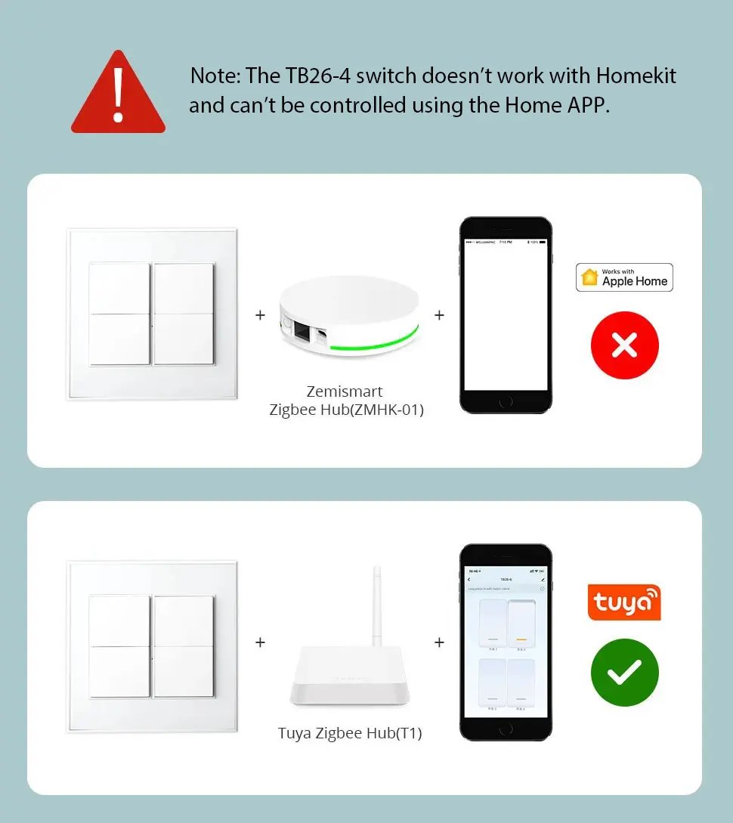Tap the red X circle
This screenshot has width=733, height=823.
coord(624,345)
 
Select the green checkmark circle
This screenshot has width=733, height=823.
coord(624,673)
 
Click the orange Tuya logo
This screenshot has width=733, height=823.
coord(624,602)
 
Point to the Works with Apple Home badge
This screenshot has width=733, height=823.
coord(624,277)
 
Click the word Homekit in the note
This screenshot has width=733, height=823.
coord(636,76)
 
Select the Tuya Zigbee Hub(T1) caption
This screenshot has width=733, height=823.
coord(350,733)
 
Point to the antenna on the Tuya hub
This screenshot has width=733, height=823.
coord(376,605)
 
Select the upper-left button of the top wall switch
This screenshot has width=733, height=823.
coord(119,288)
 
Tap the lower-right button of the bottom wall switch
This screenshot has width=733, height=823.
coord(184,672)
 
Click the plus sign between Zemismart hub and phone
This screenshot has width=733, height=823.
coord(439,315)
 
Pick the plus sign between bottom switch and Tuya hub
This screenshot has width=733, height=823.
coord(260,642)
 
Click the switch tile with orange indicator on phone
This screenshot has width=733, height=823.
coord(521,626)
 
